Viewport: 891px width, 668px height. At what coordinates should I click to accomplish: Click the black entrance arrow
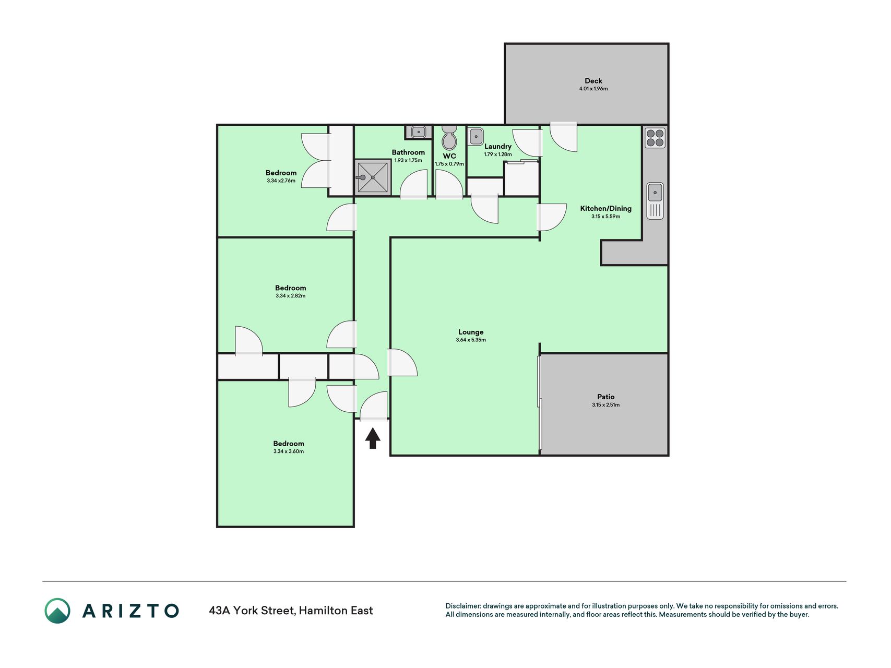pyautogui.click(x=372, y=438)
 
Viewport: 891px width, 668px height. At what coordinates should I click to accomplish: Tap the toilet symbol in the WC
pyautogui.click(x=449, y=137)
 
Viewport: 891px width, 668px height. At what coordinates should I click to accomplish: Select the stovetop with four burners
pyautogui.click(x=655, y=138)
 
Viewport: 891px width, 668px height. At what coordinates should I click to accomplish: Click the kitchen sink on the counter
pyautogui.click(x=655, y=201)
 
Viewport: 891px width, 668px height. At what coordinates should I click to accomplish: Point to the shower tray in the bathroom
pyautogui.click(x=373, y=177)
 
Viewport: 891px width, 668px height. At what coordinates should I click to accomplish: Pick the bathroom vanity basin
pyautogui.click(x=418, y=132)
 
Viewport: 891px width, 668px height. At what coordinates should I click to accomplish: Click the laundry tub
pyautogui.click(x=476, y=137)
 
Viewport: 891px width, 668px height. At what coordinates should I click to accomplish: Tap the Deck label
pyautogui.click(x=593, y=81)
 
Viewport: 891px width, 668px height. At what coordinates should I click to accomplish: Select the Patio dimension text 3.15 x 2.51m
pyautogui.click(x=606, y=405)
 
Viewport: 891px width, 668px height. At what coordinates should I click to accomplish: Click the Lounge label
pyautogui.click(x=471, y=332)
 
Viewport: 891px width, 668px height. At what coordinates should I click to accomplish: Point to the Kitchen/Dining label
pyautogui.click(x=606, y=208)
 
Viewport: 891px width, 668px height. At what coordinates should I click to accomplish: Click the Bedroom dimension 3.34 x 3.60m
pyautogui.click(x=289, y=451)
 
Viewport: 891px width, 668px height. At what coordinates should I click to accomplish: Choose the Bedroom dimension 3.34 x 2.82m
pyautogui.click(x=291, y=296)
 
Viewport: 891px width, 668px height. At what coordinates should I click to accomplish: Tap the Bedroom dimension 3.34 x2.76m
pyautogui.click(x=281, y=181)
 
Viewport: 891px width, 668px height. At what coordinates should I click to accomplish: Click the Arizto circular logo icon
pyautogui.click(x=57, y=611)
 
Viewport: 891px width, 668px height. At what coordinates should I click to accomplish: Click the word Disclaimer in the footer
pyautogui.click(x=462, y=606)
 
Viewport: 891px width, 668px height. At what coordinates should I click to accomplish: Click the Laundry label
pyautogui.click(x=498, y=147)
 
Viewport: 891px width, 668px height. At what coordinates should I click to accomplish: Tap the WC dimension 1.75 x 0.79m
pyautogui.click(x=449, y=164)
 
